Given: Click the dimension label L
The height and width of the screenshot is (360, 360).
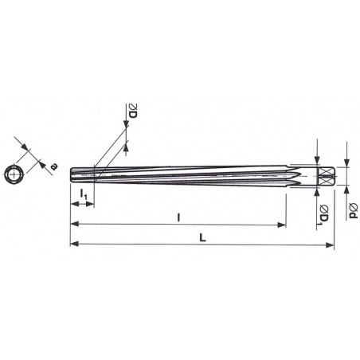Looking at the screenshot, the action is pyautogui.click(x=202, y=237).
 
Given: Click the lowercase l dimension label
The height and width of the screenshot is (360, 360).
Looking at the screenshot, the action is pyautogui.click(x=178, y=217).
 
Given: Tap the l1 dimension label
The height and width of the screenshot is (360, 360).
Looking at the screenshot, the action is pyautogui.click(x=84, y=194).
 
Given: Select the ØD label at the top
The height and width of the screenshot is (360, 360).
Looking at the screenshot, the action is pyautogui.click(x=132, y=111).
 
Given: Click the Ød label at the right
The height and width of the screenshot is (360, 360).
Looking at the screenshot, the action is pyautogui.click(x=353, y=210).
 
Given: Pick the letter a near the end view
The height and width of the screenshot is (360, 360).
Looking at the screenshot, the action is pyautogui.click(x=54, y=166).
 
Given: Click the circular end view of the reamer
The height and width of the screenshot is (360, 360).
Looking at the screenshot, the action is pyautogui.click(x=14, y=174).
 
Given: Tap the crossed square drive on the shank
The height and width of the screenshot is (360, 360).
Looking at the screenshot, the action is pyautogui.click(x=325, y=177).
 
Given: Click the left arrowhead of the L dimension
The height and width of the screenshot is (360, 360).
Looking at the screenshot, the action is pyautogui.click(x=75, y=244).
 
